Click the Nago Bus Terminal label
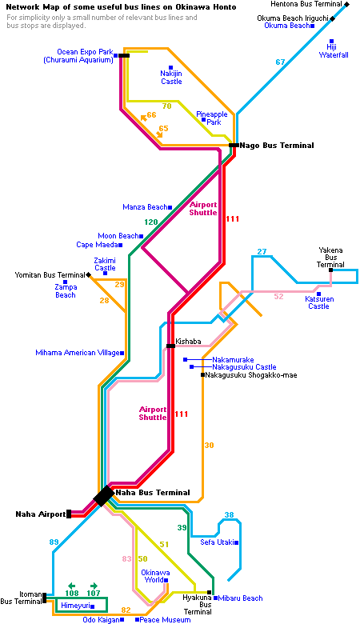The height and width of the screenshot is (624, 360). pyautogui.click(x=277, y=146)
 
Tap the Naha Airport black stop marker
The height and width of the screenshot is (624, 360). pyautogui.click(x=69, y=514)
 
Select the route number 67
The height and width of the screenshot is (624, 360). pyautogui.click(x=281, y=62)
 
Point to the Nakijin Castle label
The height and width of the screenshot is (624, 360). pyautogui.click(x=171, y=78)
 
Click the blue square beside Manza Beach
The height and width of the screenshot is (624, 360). pyautogui.click(x=170, y=207)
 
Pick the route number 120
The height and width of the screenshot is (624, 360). pyautogui.click(x=151, y=222)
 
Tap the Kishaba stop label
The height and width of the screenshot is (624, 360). pyautogui.click(x=188, y=341)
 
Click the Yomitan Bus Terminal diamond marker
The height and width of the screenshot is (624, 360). pyautogui.click(x=88, y=274)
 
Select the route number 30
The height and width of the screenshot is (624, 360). pyautogui.click(x=210, y=446)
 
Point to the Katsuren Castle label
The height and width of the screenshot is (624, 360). pyautogui.click(x=318, y=302)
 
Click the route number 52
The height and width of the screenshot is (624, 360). pyautogui.click(x=279, y=297)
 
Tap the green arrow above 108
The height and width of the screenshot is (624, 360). pyautogui.click(x=72, y=586)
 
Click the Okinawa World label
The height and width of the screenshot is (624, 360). pyautogui.click(x=155, y=576)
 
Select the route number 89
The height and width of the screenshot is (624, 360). pyautogui.click(x=54, y=542)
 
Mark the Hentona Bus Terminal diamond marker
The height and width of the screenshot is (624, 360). pyautogui.click(x=347, y=4)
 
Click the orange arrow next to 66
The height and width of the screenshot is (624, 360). pyautogui.click(x=143, y=118)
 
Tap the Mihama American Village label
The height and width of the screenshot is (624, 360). pyautogui.click(x=77, y=353)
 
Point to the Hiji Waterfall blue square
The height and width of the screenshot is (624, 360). pyautogui.click(x=331, y=41)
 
